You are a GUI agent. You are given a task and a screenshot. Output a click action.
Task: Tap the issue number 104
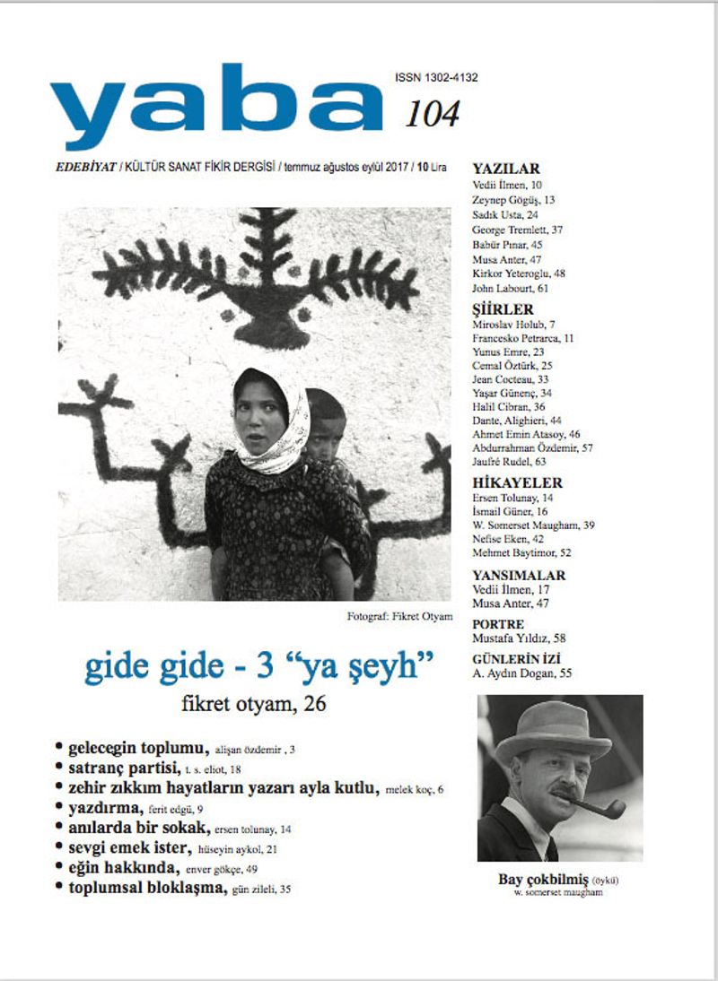432,114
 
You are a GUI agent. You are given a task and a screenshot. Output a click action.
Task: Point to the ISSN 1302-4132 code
435,78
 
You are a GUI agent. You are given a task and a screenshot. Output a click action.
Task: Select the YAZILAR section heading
506,169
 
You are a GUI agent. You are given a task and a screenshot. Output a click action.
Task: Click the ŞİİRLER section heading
503,308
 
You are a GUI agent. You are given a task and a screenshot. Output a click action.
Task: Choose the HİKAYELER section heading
517,482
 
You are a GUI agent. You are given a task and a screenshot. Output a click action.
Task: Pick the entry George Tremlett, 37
517,230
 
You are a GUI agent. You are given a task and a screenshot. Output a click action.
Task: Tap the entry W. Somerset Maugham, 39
533,525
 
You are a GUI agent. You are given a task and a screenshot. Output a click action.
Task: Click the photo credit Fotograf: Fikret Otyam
399,616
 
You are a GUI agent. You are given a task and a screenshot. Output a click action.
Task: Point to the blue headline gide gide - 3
259,667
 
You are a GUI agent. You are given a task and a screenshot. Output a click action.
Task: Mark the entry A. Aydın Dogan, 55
521,673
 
